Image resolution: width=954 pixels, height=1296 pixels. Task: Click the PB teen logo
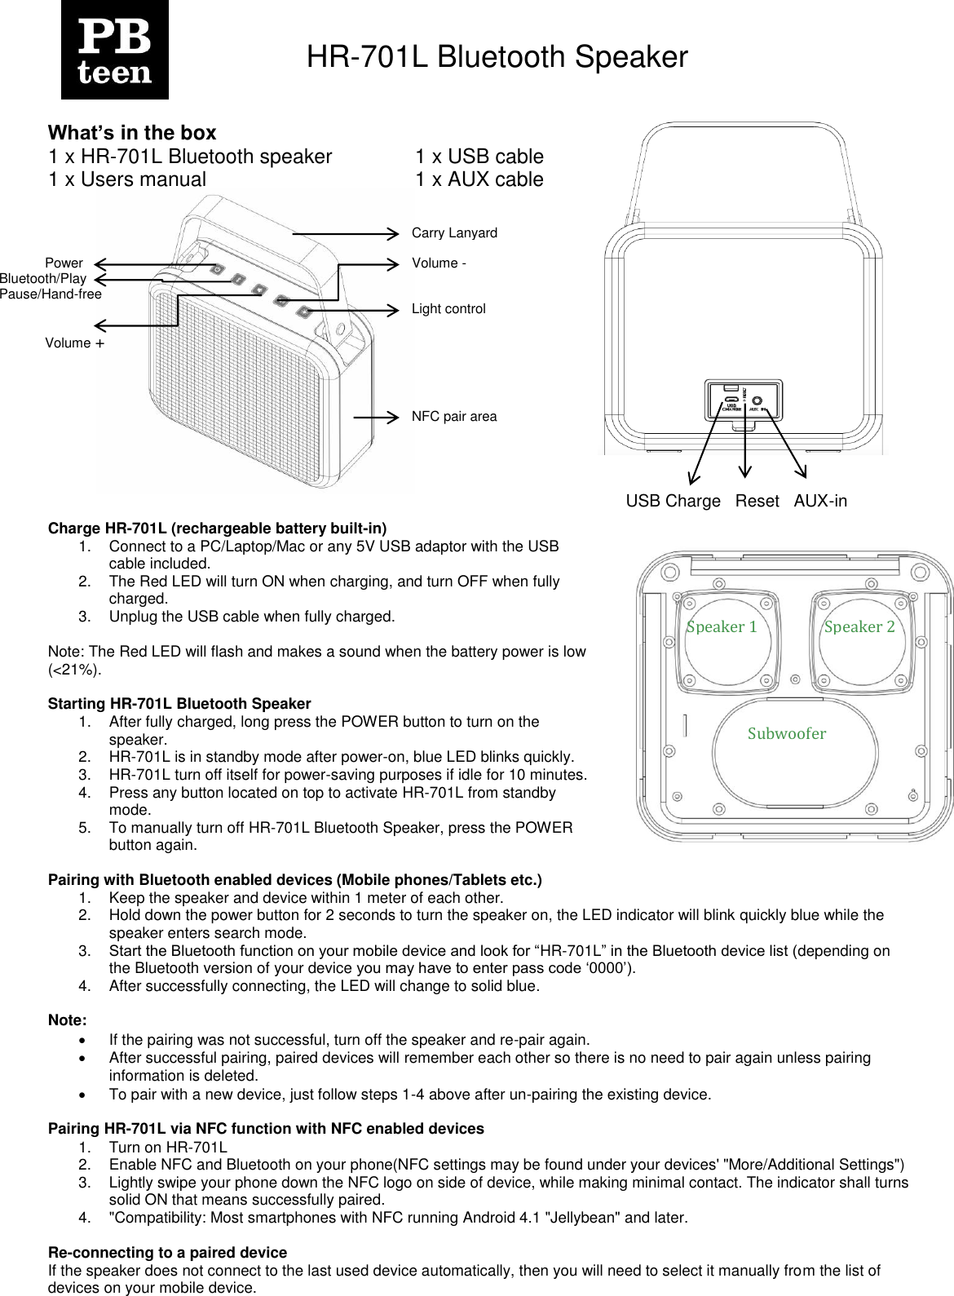click(x=114, y=50)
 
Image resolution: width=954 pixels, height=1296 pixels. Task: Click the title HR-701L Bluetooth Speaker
click(x=497, y=57)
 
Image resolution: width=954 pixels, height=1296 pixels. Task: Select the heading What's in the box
click(x=132, y=133)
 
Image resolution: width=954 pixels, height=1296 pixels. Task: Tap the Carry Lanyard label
click(x=454, y=233)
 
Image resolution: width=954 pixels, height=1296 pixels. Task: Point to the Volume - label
click(x=439, y=263)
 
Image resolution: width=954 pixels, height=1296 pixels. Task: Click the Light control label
click(x=448, y=309)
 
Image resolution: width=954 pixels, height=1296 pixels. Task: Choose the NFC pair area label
click(x=454, y=417)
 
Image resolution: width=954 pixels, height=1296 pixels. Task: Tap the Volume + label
click(x=74, y=343)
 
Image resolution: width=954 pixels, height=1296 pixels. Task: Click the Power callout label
click(x=64, y=263)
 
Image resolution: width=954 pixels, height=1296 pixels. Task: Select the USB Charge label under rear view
click(x=673, y=502)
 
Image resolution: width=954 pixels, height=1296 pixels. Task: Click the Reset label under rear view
click(x=757, y=502)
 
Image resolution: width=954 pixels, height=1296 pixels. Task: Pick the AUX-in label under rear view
click(x=819, y=502)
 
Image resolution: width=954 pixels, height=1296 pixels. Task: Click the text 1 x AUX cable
click(x=479, y=179)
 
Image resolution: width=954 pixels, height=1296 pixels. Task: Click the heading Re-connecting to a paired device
click(x=167, y=1253)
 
